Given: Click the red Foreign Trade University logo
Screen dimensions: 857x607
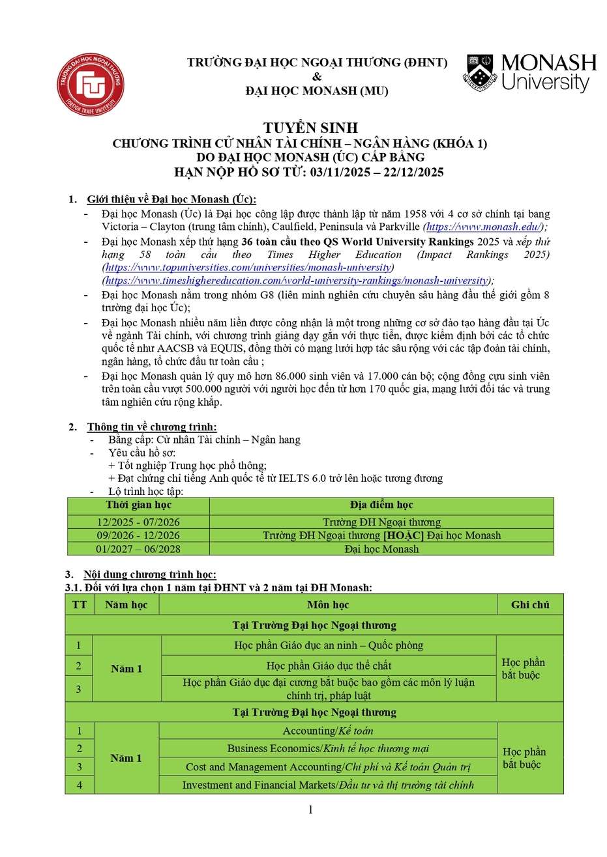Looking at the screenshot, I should (90, 85).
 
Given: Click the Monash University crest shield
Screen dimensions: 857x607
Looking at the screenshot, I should (481, 72).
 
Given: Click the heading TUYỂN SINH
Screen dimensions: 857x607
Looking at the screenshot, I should (310, 128).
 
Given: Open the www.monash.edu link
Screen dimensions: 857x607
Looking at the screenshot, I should (484, 227).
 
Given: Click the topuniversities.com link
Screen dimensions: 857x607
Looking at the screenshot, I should (248, 268).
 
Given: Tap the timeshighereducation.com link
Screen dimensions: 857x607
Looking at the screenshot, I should (297, 281).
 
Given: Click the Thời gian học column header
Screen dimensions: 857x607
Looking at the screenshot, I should (138, 505).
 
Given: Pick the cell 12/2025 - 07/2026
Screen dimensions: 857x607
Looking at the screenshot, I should (138, 522).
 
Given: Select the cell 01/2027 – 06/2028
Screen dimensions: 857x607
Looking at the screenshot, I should (138, 549).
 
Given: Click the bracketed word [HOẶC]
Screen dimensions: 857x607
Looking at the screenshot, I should (404, 535).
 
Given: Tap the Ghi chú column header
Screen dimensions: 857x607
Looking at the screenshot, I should (529, 604).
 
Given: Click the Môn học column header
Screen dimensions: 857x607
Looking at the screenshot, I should (328, 604).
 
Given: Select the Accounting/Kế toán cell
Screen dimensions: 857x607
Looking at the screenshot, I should (328, 731).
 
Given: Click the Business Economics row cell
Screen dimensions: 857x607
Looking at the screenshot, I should (328, 749).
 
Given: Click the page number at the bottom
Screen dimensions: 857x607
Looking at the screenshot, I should (310, 809).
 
